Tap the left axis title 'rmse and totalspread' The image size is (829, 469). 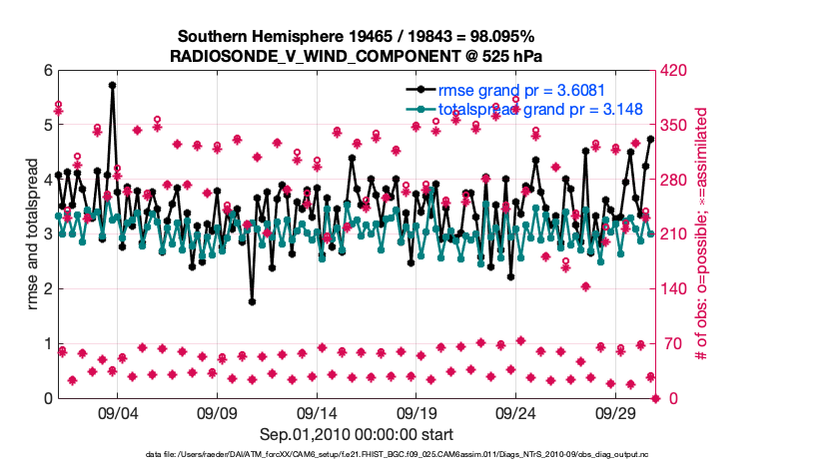(x=32, y=234)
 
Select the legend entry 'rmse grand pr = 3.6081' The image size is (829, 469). (x=516, y=90)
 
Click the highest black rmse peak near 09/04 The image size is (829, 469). (x=113, y=85)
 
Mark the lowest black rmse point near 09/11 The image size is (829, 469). (x=253, y=301)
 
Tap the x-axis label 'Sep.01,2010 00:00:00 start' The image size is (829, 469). (x=357, y=434)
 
